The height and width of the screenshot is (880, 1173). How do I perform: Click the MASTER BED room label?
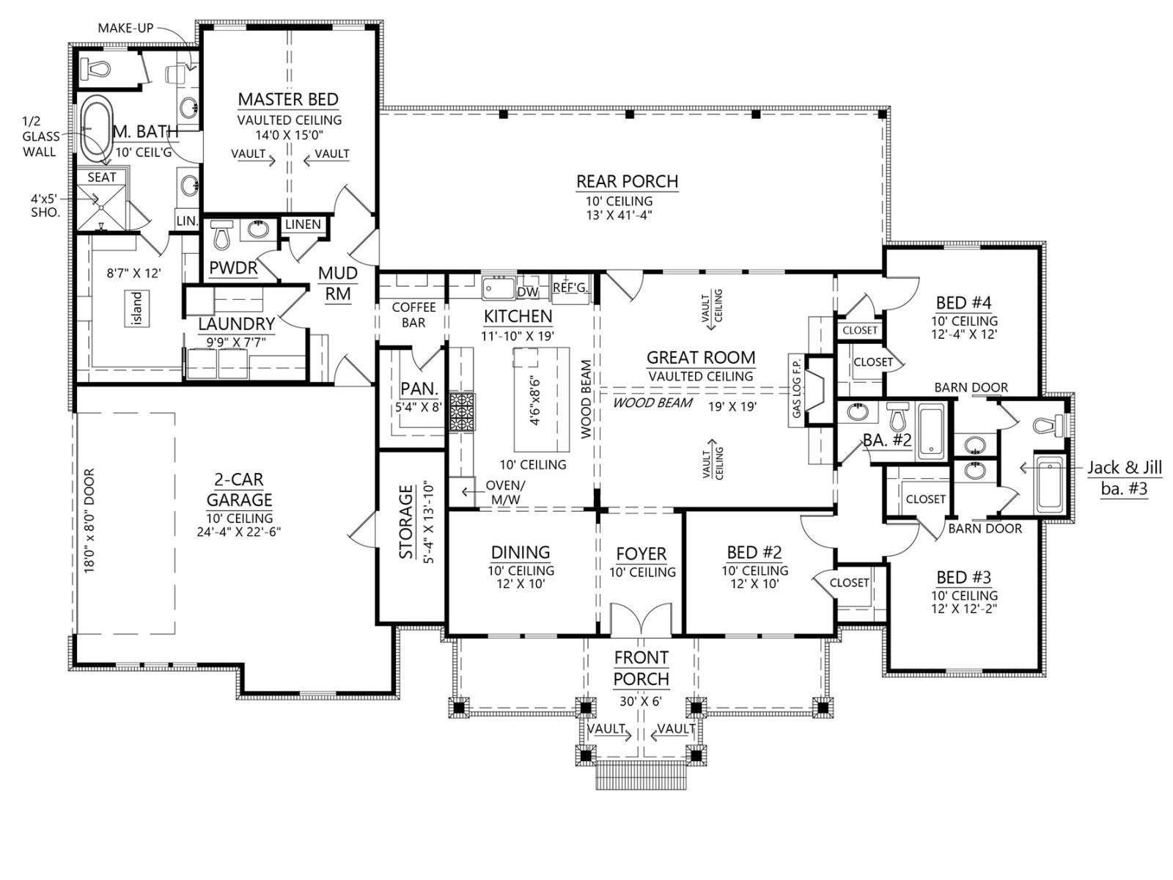[x=288, y=100]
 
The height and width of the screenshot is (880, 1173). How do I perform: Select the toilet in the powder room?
[x=220, y=235]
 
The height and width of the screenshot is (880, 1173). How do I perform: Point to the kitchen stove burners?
[x=462, y=412]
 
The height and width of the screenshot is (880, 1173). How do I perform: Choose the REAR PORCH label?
[x=628, y=182]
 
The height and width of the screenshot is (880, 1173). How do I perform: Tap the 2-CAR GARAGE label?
[x=239, y=489]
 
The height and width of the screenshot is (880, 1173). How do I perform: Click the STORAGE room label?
[x=406, y=521]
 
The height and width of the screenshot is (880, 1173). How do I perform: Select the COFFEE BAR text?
[x=413, y=315]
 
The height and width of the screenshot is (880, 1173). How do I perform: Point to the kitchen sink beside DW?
[x=498, y=288]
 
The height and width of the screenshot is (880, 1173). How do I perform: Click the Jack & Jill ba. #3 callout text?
[x=1125, y=478]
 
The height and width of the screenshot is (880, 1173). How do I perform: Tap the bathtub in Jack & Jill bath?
[x=1050, y=485]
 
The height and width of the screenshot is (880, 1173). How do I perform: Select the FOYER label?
[x=641, y=554]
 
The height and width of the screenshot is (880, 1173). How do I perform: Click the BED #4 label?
[x=963, y=303]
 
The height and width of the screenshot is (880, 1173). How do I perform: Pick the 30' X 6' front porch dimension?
[x=641, y=701]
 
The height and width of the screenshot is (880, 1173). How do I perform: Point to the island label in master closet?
[x=138, y=308]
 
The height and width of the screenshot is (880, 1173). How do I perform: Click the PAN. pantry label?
[x=419, y=389]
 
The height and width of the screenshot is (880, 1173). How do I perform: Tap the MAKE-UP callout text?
[x=125, y=28]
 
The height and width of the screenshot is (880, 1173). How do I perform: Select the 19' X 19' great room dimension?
[x=732, y=406]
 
